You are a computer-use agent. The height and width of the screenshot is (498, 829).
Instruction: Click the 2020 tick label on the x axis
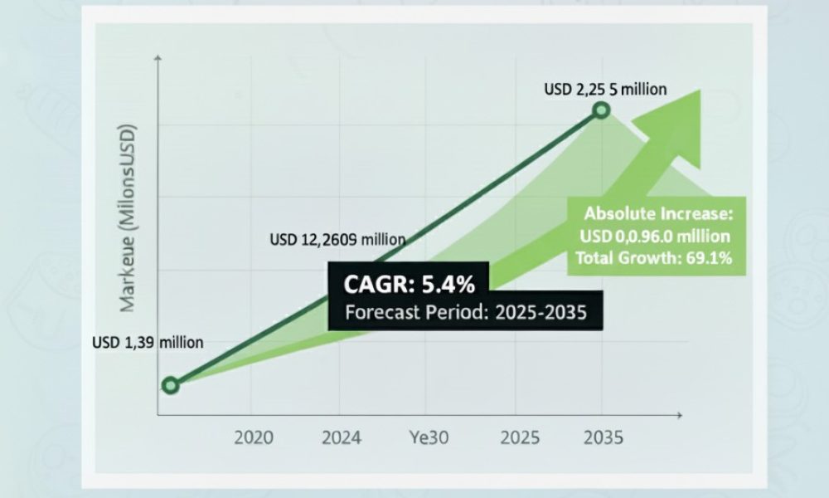click(x=254, y=437)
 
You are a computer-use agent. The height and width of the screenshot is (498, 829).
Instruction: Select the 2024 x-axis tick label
click(x=342, y=437)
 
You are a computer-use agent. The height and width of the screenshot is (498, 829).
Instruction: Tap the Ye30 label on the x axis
click(x=429, y=437)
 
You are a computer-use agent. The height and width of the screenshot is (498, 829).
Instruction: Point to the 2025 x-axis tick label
click(x=521, y=437)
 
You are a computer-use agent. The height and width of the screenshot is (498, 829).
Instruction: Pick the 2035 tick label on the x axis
click(x=604, y=437)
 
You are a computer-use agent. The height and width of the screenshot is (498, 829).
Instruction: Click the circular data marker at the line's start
click(x=170, y=385)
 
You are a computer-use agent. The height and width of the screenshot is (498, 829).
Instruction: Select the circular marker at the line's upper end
click(x=601, y=110)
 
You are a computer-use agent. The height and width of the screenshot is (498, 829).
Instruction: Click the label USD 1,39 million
click(x=148, y=343)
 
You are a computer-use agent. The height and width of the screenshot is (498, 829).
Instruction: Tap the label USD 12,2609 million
click(x=338, y=240)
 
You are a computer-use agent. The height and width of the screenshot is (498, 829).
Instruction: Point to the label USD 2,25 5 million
click(x=605, y=90)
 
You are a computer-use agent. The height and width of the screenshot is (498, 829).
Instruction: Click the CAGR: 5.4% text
click(x=410, y=284)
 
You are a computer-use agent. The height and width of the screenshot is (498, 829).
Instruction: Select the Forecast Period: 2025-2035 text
click(x=466, y=312)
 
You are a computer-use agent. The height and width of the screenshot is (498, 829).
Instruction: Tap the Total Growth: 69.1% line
click(x=654, y=258)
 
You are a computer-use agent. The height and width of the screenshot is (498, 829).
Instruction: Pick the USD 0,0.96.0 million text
click(x=655, y=236)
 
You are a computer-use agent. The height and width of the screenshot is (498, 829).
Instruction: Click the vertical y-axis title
click(x=128, y=218)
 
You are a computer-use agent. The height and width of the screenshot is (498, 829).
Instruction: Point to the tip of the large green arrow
click(x=701, y=90)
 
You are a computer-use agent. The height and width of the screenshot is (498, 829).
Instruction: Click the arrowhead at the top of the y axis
click(x=158, y=58)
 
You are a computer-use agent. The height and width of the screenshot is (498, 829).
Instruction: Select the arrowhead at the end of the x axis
click(x=680, y=416)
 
